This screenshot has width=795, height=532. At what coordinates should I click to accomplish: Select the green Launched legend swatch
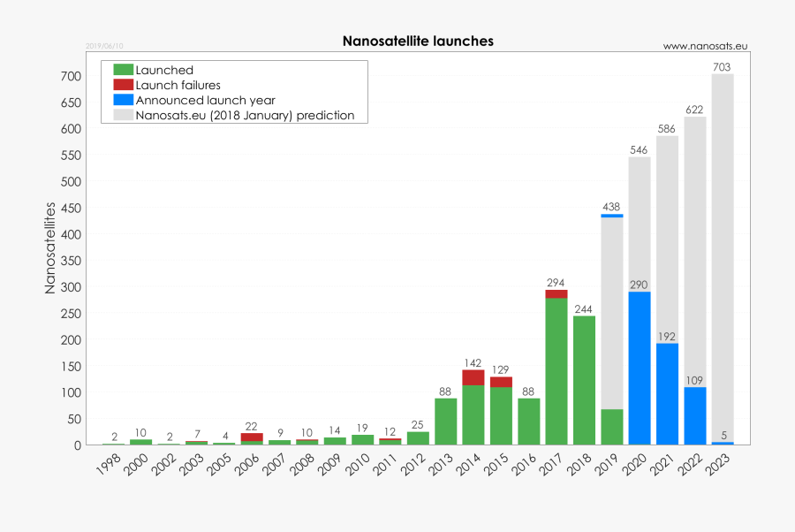click(124, 70)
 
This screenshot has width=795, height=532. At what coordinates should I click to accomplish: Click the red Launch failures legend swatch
click(124, 85)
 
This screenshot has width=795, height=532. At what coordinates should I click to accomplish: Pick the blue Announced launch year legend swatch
click(124, 100)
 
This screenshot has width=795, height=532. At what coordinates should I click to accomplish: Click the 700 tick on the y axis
click(72, 77)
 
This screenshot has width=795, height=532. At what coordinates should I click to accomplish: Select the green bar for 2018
click(584, 380)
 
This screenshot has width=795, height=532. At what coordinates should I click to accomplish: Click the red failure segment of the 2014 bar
click(473, 377)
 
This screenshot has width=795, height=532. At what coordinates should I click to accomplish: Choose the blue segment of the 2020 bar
click(640, 368)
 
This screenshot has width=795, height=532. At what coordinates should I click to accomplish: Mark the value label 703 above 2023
click(723, 66)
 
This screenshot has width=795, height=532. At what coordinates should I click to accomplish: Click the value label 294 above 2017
click(556, 283)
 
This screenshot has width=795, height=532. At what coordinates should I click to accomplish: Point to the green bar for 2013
click(446, 422)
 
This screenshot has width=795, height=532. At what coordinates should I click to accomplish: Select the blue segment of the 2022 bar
click(695, 415)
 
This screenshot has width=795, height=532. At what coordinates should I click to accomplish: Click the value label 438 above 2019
click(611, 207)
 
